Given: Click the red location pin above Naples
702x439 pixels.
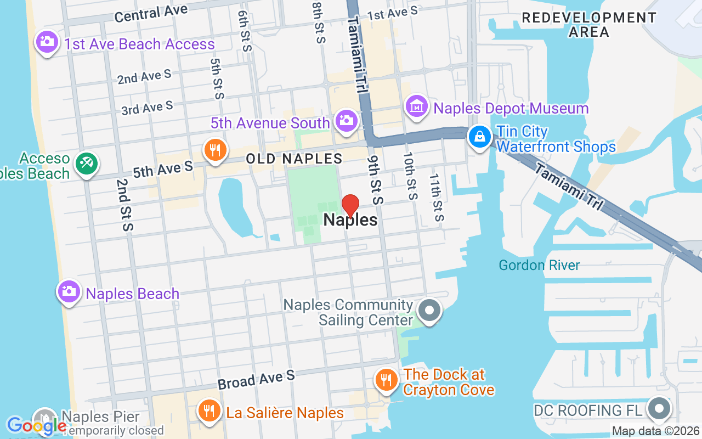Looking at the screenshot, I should [x=350, y=206].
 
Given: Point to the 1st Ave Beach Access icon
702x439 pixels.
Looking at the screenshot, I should [x=47, y=42].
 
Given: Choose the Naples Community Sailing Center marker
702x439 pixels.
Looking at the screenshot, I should [x=429, y=311].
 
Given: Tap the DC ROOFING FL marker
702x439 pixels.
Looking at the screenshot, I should [x=660, y=409].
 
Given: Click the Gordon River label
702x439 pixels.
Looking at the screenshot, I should [x=539, y=266].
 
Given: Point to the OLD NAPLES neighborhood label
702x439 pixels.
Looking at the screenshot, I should [x=294, y=159].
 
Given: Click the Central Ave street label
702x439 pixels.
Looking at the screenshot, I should [x=151, y=13].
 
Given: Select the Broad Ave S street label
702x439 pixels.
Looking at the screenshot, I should [x=256, y=379].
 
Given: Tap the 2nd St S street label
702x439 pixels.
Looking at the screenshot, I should [x=123, y=204].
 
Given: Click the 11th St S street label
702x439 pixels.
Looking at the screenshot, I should [x=435, y=198].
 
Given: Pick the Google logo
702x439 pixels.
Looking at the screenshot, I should [x=36, y=425].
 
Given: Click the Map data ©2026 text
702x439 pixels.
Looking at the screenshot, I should [x=655, y=431].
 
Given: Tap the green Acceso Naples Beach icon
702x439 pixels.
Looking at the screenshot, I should [x=87, y=163].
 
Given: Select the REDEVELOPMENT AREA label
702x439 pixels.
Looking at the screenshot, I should [x=588, y=25].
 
